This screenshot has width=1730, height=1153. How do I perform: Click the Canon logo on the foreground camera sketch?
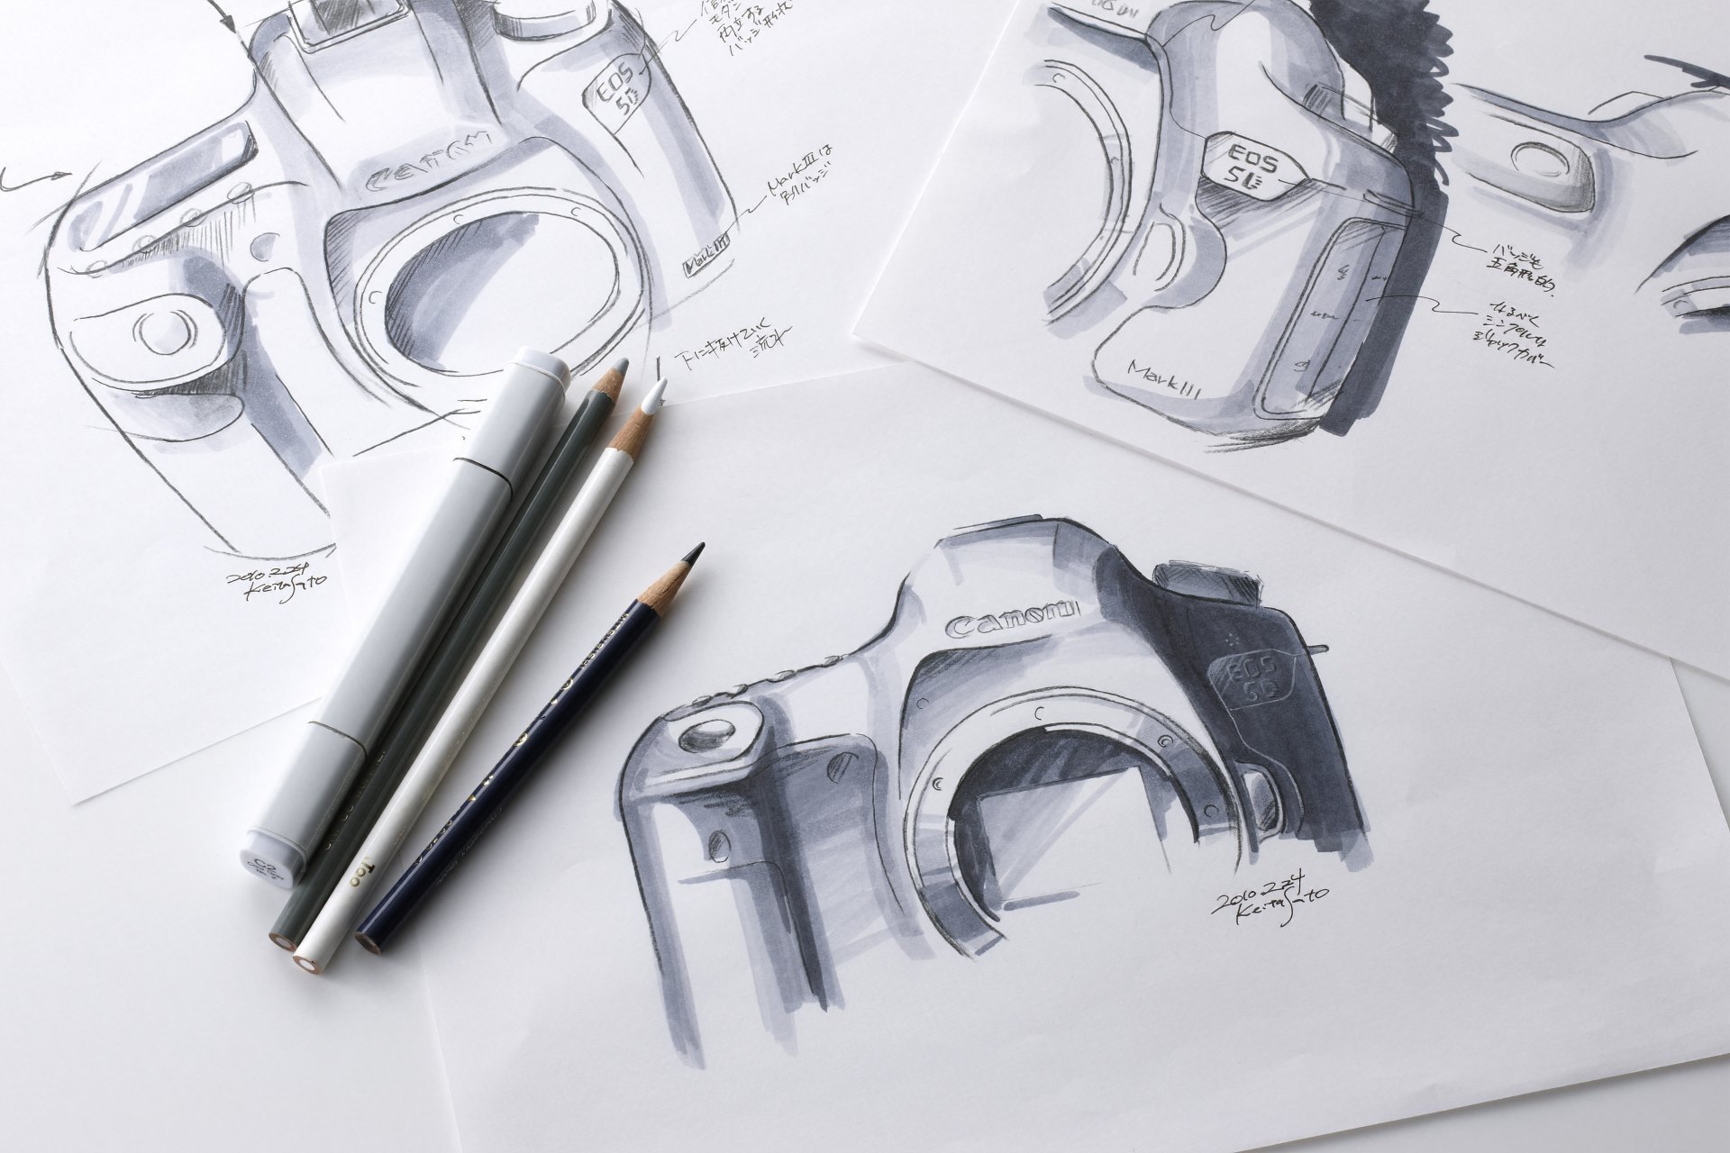tap(1014, 619)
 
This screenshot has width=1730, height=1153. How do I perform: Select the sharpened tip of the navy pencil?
tap(695, 551)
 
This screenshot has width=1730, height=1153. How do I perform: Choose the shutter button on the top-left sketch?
tap(167, 331)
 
